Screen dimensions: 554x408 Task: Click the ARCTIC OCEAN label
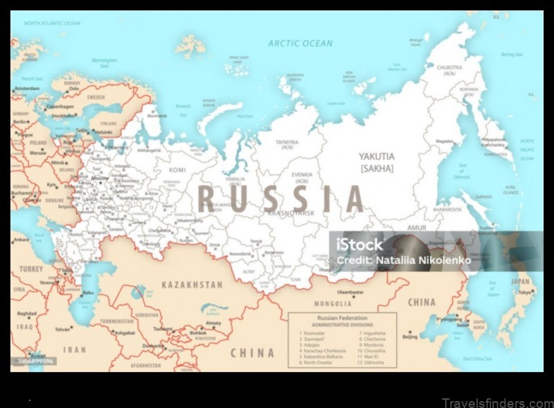pos(301,43)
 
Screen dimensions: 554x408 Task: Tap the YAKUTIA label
pos(377,157)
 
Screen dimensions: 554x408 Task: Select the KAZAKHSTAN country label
pos(193,284)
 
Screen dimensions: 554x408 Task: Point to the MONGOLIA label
pos(333,303)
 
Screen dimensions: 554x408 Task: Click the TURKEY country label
pos(31,269)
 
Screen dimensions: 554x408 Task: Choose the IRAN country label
pos(74,350)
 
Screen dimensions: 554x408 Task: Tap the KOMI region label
pos(178,169)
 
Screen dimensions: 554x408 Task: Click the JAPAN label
pos(519,281)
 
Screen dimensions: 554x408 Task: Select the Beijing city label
pos(410,337)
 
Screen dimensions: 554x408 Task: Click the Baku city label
pos(88,293)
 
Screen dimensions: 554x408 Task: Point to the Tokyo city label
pos(526,292)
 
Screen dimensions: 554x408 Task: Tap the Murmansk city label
pos(157,116)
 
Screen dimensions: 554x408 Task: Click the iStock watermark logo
pos(359,245)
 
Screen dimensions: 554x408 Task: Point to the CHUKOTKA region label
pos(445,67)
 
